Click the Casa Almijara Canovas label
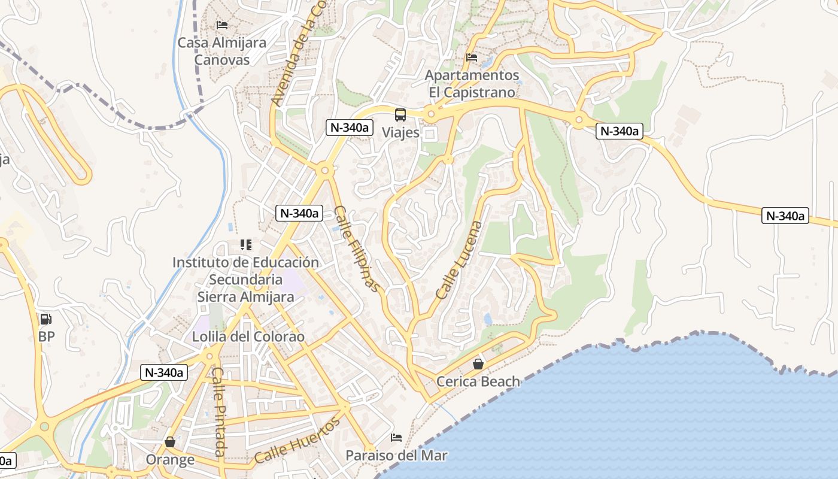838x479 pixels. point(221,51)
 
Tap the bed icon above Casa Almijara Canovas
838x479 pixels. point(221,25)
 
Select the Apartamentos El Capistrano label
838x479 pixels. point(472,84)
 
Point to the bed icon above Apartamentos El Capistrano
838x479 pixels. point(472,57)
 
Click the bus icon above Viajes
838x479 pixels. point(400,115)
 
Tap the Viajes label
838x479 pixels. point(400,132)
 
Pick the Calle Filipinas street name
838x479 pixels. point(357,248)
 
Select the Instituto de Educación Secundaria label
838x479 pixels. point(245,271)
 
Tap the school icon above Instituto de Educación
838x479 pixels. point(245,244)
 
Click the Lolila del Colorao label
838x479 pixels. point(248,336)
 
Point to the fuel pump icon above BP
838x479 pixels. point(46,319)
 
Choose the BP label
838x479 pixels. point(46,336)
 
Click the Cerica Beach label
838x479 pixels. point(478,381)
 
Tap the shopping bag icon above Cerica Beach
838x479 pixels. point(478,363)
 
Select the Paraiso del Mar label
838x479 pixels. point(396,456)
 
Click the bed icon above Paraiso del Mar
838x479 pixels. point(396,438)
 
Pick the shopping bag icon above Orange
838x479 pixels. point(170,442)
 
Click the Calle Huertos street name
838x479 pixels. point(297,440)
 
